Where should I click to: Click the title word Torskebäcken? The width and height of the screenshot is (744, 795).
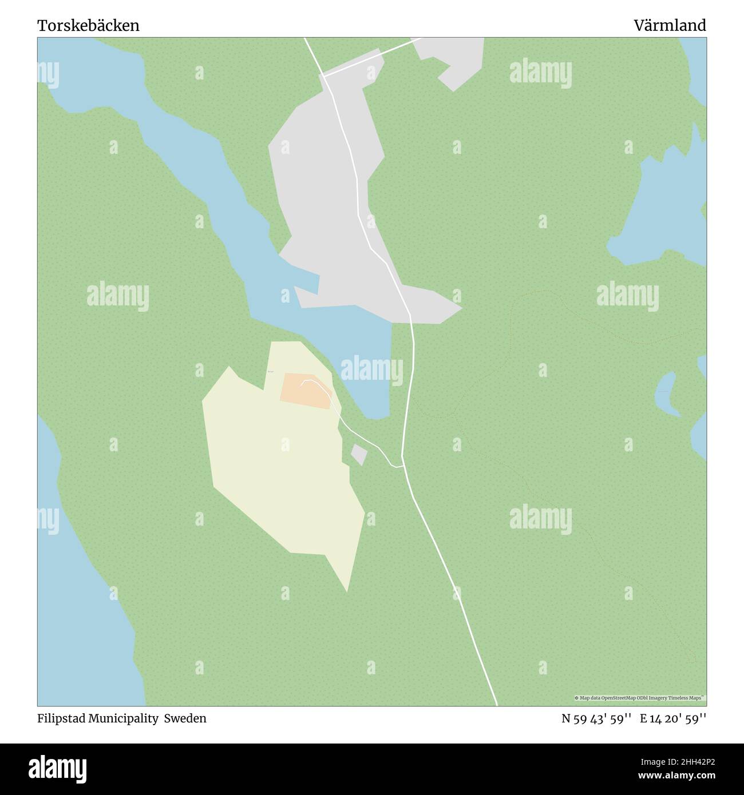(x=88, y=26)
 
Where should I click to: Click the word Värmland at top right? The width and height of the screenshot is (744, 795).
(x=670, y=26)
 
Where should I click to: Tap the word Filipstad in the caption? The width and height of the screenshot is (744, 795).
(x=61, y=718)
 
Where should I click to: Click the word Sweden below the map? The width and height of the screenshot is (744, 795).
(x=185, y=718)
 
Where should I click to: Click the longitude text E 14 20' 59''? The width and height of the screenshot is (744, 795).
(x=673, y=718)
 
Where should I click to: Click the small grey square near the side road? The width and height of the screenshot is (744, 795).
(x=359, y=455)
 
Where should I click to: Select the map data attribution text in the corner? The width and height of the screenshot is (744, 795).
(x=639, y=698)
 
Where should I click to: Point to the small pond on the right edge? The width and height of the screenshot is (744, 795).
(x=666, y=395)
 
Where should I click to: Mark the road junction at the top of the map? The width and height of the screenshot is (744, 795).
(x=323, y=75)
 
